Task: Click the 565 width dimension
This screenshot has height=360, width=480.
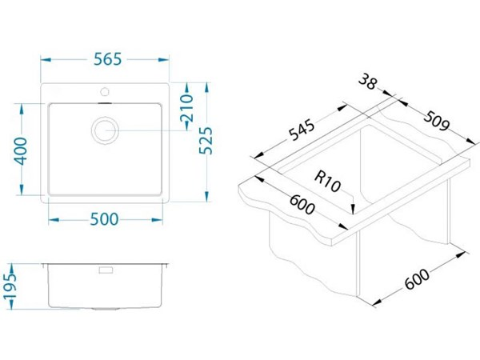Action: pos(108,59)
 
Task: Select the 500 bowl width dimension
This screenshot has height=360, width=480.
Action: pos(104,219)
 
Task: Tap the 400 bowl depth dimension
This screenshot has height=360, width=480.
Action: pos(22,151)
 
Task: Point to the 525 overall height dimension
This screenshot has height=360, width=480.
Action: pos(206,141)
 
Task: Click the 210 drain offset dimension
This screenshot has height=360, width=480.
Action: pos(186,108)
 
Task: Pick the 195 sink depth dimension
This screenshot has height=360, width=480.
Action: pos(10,286)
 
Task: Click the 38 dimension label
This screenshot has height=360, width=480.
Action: pos(368,82)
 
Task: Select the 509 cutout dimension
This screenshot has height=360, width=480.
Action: pos(437,120)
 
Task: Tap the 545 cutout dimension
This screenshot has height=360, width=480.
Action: pos(302,131)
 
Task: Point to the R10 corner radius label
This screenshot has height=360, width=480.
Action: pos(327,182)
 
